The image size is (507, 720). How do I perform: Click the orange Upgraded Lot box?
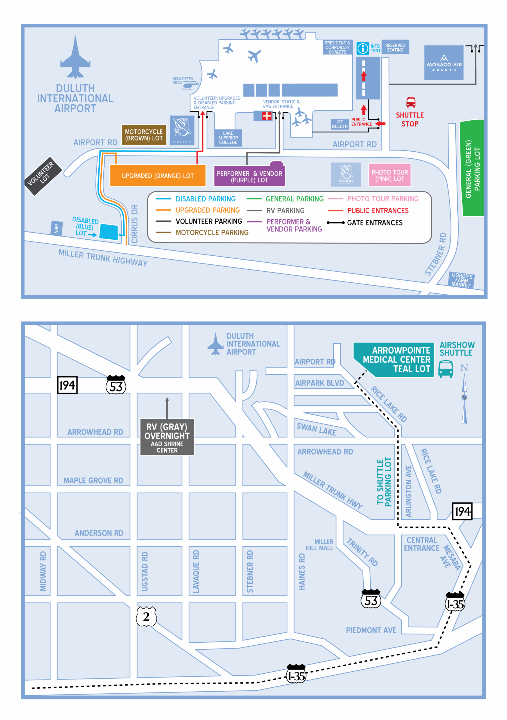158,175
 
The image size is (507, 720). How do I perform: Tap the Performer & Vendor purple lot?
250,177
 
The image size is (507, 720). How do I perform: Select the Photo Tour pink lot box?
390,175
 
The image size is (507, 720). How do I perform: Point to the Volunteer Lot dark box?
43,176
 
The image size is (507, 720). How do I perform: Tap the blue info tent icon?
363,49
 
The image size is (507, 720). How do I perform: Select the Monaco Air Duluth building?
444,63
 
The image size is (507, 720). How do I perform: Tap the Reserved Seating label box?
395,48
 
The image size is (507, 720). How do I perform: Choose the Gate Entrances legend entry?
374,223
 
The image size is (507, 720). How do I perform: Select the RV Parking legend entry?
285,210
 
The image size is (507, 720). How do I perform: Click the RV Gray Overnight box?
167,437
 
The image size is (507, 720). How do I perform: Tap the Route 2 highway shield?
146,616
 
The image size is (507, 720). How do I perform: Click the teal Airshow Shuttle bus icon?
445,368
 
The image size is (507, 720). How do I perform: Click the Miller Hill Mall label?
320,545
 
